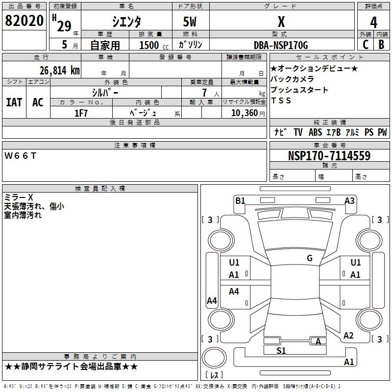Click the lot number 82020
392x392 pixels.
[25, 22]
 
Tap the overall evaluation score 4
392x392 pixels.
[374, 22]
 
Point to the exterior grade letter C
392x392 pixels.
[365, 44]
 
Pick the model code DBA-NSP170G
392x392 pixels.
[281, 45]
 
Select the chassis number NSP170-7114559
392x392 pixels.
[329, 156]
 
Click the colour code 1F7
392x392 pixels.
[81, 113]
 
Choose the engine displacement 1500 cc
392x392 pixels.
[150, 45]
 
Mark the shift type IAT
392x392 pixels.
[14, 102]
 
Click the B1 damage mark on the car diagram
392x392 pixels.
[240, 200]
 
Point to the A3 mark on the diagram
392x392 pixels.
[349, 200]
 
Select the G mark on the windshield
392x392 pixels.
[310, 258]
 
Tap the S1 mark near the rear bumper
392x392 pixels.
[281, 351]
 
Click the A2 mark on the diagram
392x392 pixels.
[348, 336]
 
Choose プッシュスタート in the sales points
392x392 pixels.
[299, 90]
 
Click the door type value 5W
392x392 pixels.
[190, 22]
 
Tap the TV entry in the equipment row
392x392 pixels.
[298, 132]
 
